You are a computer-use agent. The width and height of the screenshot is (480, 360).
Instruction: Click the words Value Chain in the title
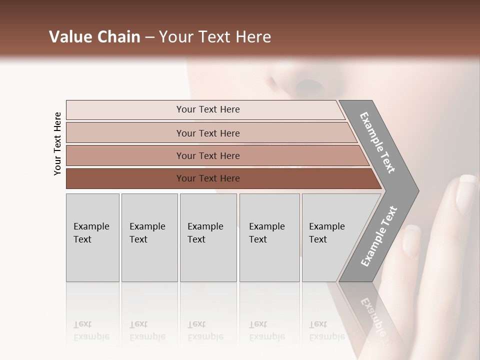pos(94,37)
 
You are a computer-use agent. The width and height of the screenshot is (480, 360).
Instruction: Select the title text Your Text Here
pos(215,37)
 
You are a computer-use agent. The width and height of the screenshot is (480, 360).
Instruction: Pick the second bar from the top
pos(207,133)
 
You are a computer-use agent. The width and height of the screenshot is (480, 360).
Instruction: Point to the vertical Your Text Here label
pos(57,143)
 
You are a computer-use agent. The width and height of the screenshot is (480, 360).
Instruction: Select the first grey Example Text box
pos(92,237)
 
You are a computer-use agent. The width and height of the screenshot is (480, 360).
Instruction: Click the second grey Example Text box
pos(149,237)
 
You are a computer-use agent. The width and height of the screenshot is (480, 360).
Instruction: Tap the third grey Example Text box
pos(208,237)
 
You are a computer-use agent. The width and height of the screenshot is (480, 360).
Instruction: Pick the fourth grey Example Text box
pos(269,237)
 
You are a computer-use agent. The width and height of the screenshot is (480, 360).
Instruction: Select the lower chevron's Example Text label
pos(379,236)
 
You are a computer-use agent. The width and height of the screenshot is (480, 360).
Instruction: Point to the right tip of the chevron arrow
pos(417,191)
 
